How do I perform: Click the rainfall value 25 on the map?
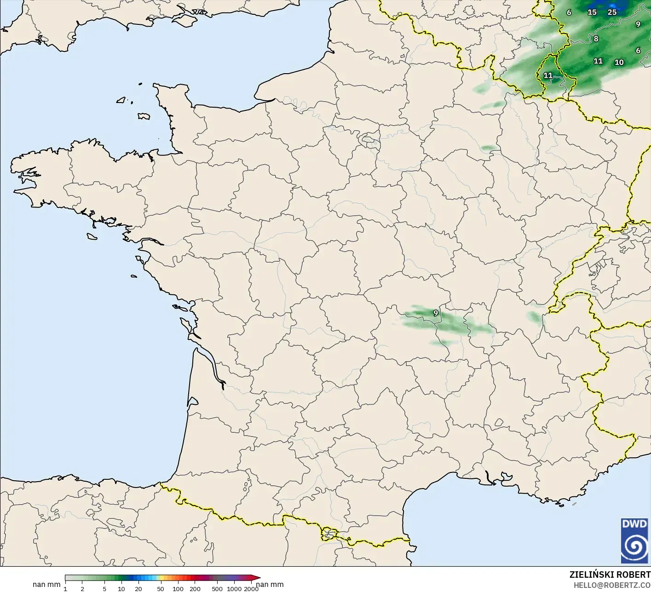pyautogui.click(x=612, y=12)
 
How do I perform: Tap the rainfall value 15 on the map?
pyautogui.click(x=592, y=12)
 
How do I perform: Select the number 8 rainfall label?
pyautogui.click(x=596, y=39)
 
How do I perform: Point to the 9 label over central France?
pyautogui.click(x=435, y=313)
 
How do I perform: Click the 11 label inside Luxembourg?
pyautogui.click(x=547, y=75)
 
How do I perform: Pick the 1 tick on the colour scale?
pyautogui.click(x=65, y=588)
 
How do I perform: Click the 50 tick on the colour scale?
pyautogui.click(x=160, y=588)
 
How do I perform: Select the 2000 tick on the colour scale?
pyautogui.click(x=251, y=588)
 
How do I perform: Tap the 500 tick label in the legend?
pyautogui.click(x=217, y=588)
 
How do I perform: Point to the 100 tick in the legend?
pyautogui.click(x=178, y=588)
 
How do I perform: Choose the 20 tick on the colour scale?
pyautogui.click(x=138, y=588)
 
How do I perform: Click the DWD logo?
pyautogui.click(x=634, y=540)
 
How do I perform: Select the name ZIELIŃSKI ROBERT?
pyautogui.click(x=610, y=575)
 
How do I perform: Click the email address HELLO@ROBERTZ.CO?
pyautogui.click(x=611, y=585)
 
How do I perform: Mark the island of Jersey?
pyautogui.click(x=144, y=116)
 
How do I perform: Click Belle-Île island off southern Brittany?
pyautogui.click(x=92, y=236)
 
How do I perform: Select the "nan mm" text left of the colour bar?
pyautogui.click(x=46, y=585)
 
